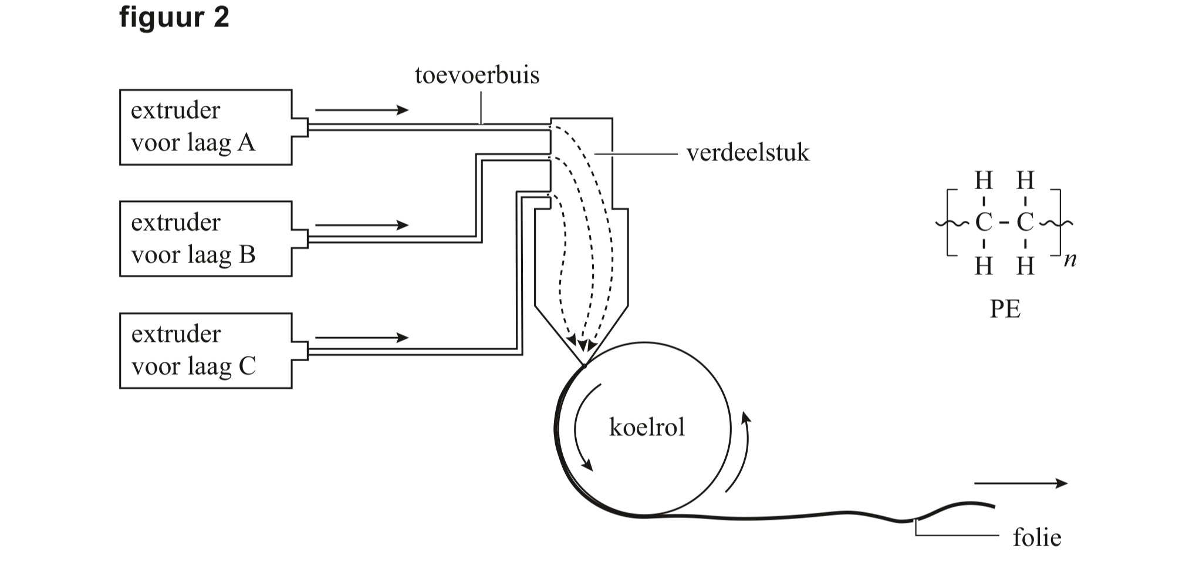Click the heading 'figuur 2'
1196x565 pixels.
[x=174, y=18]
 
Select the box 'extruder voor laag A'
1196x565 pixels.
[x=205, y=127]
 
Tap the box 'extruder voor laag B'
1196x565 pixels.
[x=205, y=238]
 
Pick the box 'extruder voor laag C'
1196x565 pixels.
[x=205, y=351]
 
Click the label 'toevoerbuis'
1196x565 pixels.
[x=477, y=76]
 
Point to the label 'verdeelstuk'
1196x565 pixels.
[x=748, y=153]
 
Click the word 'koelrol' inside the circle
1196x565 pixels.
[x=647, y=428]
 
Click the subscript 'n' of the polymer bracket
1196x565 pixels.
[x=1070, y=260]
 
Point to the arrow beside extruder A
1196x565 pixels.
[x=361, y=110]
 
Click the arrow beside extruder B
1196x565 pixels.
[x=361, y=225]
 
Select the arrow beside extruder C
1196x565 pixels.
[x=361, y=338]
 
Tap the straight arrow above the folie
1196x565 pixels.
[x=1020, y=483]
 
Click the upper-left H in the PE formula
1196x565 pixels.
[x=984, y=180]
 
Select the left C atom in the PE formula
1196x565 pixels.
[x=984, y=223]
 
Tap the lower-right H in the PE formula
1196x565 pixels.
[x=1025, y=267]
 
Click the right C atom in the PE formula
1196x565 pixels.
[x=1025, y=223]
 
